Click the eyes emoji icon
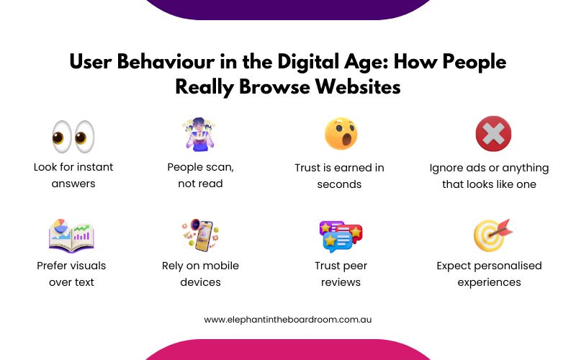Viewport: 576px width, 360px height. (73, 135)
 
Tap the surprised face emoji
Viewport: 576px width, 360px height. (341, 134)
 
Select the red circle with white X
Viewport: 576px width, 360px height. (493, 134)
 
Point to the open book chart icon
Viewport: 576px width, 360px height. (71, 235)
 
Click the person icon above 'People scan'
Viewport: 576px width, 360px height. (199, 135)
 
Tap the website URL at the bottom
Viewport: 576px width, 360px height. (288, 319)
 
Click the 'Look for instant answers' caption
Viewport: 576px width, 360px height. (73, 175)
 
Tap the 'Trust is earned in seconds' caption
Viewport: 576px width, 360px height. (339, 175)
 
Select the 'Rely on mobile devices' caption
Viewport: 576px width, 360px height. (200, 274)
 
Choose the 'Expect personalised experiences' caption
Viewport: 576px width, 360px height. (489, 274)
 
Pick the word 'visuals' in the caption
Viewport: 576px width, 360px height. (87, 266)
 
